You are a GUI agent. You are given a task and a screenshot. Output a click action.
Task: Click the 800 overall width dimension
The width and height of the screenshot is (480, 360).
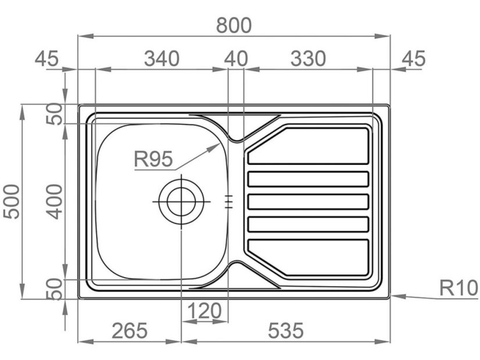pyautogui.click(x=234, y=25)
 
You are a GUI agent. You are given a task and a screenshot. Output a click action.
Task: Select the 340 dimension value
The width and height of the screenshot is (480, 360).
pyautogui.click(x=162, y=59)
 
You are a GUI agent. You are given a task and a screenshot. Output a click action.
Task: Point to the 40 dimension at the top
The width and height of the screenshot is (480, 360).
pyautogui.click(x=236, y=59)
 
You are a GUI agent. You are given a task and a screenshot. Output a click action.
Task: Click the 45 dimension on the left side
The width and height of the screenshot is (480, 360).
pyautogui.click(x=47, y=59)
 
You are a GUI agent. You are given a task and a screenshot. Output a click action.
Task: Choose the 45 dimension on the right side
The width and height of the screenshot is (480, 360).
pyautogui.click(x=413, y=59)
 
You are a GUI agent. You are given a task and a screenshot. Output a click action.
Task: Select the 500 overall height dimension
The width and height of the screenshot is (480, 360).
pyautogui.click(x=12, y=201)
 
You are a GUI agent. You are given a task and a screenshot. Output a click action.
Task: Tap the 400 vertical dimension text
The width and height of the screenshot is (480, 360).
pyautogui.click(x=55, y=201)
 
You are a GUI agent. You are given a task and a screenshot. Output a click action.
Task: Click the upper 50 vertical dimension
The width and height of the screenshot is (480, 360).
pyautogui.click(x=55, y=114)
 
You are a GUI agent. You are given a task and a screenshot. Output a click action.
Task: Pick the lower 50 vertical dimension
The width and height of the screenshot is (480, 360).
pyautogui.click(x=55, y=289)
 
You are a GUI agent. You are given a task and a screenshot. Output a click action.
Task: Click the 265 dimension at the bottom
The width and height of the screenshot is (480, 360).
pyautogui.click(x=130, y=331)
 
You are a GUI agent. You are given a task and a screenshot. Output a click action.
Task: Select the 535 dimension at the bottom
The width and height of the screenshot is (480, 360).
pyautogui.click(x=285, y=331)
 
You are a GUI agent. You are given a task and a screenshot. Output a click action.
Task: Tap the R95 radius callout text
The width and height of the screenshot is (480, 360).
pyautogui.click(x=153, y=159)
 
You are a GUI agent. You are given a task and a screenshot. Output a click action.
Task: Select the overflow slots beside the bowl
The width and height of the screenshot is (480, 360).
pyautogui.click(x=229, y=201)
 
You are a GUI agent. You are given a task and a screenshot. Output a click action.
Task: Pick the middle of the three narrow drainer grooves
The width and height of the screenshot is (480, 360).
pyautogui.click(x=308, y=201)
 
